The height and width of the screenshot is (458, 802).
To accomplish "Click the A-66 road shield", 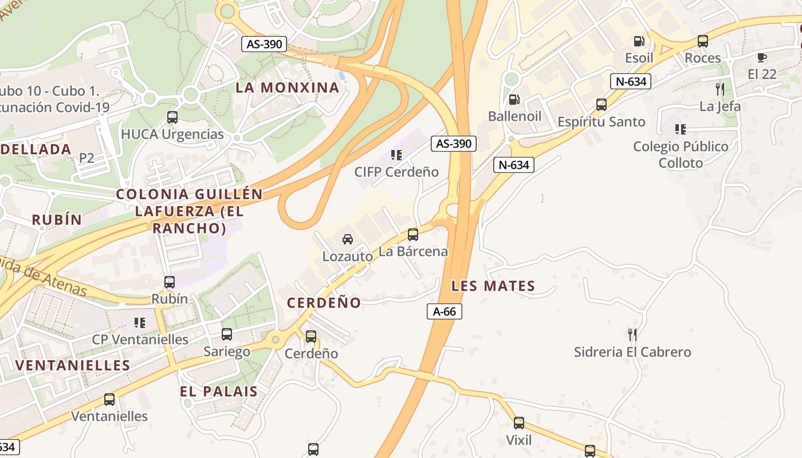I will point(445,311).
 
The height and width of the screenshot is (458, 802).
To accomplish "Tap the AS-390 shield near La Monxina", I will point(264,44).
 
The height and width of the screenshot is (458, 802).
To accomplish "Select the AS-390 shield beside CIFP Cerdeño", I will point(454,144).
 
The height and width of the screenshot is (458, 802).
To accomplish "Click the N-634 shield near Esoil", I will point(631,81).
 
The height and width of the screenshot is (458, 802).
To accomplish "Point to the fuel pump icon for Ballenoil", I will point(514,100).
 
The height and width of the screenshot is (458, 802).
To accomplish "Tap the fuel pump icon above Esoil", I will point(639,41).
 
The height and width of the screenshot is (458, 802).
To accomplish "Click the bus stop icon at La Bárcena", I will point(412,234).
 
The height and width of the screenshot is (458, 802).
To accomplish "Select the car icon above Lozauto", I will point(347,239).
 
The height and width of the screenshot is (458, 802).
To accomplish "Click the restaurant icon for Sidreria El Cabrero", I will point(632,334).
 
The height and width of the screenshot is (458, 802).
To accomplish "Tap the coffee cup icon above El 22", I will point(761,57).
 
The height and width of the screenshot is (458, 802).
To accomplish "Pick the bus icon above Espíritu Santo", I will point(601,105).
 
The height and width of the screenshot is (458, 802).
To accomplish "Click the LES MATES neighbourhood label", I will point(493,286).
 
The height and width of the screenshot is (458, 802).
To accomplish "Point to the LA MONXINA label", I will point(288,88).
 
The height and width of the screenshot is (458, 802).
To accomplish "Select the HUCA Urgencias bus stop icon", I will point(172,117).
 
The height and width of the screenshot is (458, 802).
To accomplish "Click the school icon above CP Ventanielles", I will point(140,323).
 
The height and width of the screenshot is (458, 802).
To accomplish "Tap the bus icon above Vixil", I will point(518,423).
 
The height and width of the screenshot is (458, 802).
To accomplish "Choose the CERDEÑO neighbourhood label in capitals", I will point(324,303).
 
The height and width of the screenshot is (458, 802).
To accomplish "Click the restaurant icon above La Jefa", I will point(720,89).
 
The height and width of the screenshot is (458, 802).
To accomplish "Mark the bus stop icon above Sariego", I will point(227,334).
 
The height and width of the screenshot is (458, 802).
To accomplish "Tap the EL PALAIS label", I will point(218,392).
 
